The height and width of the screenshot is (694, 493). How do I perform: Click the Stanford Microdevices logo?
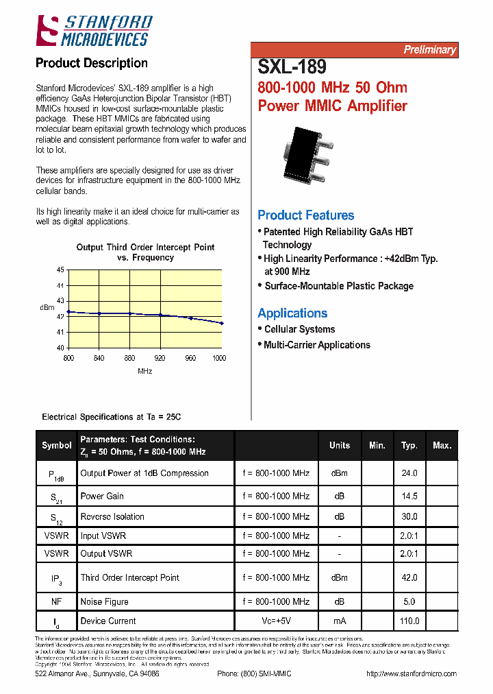[x=94, y=31]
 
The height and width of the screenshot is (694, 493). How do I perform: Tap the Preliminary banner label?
[x=429, y=49]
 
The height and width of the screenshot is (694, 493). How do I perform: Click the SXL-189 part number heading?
[x=292, y=67]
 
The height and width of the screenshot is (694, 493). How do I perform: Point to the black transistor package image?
[x=307, y=156]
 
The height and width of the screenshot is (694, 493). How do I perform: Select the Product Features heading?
[x=305, y=215]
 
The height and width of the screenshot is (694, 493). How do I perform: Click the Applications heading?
[x=292, y=313]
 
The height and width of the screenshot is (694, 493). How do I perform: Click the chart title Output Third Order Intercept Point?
[x=145, y=248]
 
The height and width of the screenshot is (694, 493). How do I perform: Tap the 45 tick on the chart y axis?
[x=60, y=270]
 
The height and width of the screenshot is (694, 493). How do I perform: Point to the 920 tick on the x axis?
[x=160, y=358]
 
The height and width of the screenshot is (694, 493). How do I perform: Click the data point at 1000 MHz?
[x=222, y=323]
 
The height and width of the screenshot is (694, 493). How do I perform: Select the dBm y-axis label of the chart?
[x=47, y=308]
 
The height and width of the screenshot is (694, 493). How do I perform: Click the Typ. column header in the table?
[x=409, y=445]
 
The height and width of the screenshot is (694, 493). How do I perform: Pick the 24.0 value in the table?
[x=409, y=473]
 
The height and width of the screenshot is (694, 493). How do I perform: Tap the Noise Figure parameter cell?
[x=105, y=601]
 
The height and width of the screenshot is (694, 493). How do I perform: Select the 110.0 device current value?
[x=409, y=621]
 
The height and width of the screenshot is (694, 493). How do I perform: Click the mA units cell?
[x=339, y=621]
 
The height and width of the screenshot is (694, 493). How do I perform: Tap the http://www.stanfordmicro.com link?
[x=412, y=673]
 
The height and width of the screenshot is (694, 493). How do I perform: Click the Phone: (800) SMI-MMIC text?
[x=254, y=673]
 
